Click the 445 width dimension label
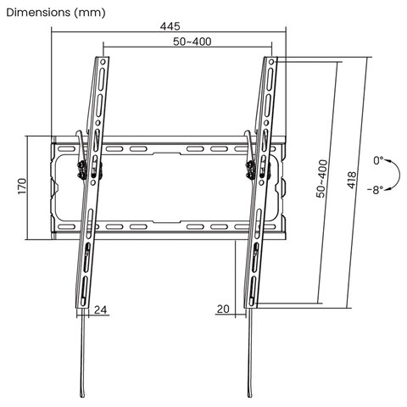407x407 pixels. pos(170,26)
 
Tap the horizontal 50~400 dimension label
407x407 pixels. pos(192,42)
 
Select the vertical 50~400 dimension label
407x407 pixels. pos(322,179)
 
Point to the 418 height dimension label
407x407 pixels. pos(351,180)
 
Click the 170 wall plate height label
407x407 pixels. pos(22,187)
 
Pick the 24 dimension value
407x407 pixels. pos(100,309)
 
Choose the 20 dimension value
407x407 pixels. pos(223,309)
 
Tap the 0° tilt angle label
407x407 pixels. pos(378,160)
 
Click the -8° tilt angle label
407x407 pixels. pos(376,190)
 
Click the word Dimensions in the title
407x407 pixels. pos(38,13)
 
